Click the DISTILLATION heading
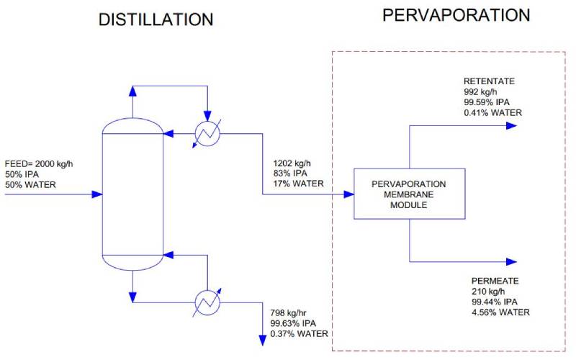coord(156,20)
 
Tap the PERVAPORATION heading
coord(456,14)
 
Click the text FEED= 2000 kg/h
coord(39,164)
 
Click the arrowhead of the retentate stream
coord(511,125)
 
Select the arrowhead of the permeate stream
coord(511,261)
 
